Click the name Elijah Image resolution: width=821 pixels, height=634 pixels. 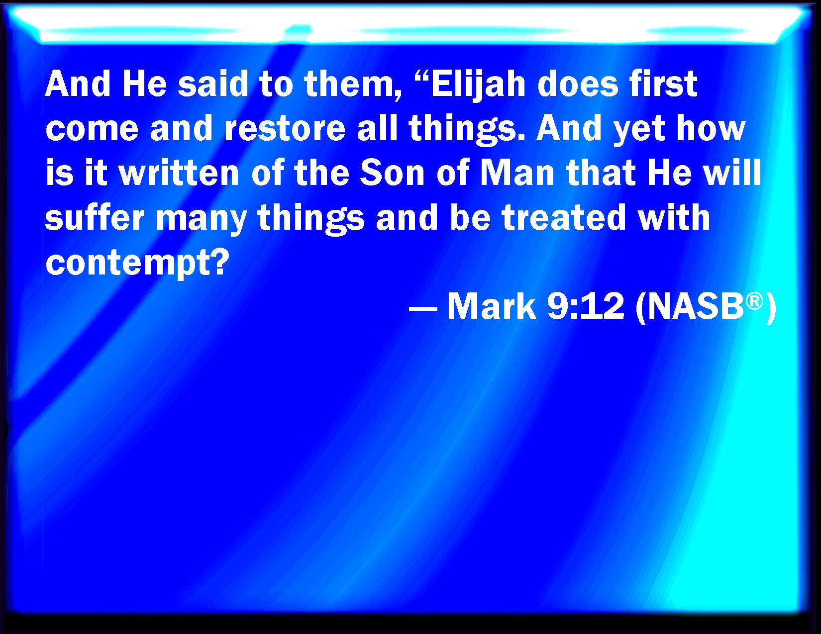[x=478, y=85]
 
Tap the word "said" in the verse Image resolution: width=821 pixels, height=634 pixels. [x=212, y=84]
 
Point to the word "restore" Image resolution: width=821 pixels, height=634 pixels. [x=285, y=129]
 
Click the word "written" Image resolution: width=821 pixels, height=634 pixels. [x=179, y=173]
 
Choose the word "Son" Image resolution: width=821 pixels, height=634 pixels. [x=392, y=173]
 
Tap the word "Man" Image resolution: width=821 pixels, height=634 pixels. [x=517, y=173]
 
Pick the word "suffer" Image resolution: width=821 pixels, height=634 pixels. [x=95, y=217]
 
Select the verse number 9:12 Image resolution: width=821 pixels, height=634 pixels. [x=586, y=306]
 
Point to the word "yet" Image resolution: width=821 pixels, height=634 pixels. [x=639, y=131]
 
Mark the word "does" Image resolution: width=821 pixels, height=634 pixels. [x=578, y=84]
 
